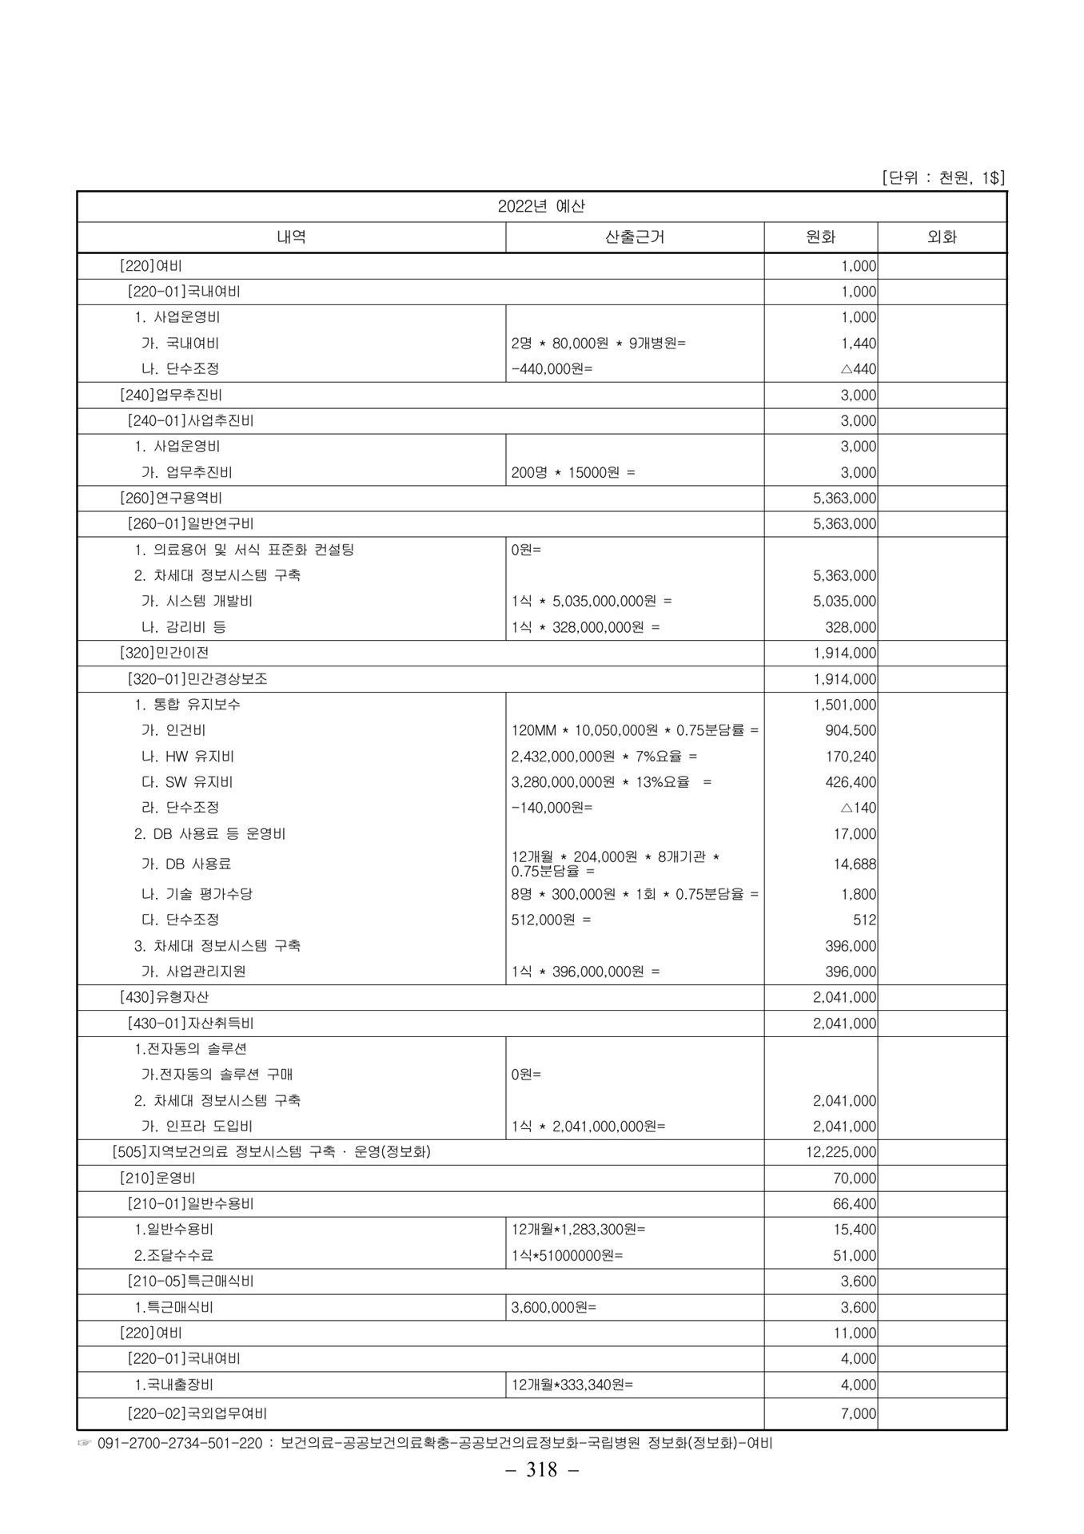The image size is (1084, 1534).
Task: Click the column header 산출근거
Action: [635, 237]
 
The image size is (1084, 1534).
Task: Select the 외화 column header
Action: [942, 237]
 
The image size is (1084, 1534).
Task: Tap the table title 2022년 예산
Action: [541, 206]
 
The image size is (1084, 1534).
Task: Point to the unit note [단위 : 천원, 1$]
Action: [943, 177]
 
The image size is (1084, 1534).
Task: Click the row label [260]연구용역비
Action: [170, 498]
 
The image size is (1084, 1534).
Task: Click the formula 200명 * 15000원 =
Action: [573, 472]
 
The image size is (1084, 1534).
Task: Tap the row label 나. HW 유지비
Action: [188, 756]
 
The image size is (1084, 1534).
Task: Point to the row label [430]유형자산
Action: [164, 997]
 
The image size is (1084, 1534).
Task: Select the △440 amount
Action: [859, 369]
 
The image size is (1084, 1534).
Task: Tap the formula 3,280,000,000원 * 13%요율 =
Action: [611, 782]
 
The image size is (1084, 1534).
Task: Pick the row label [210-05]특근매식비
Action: [190, 1281]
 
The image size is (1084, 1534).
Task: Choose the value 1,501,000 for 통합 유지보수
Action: [844, 705]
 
